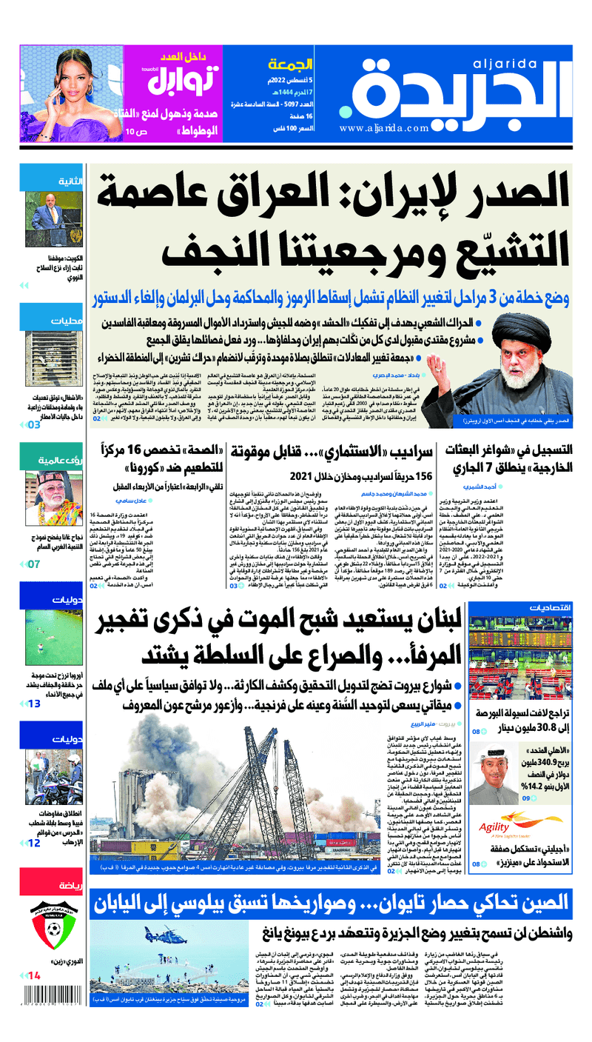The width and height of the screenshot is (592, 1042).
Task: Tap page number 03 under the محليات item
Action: [x=34, y=426]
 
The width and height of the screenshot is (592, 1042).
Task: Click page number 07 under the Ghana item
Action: [x=34, y=564]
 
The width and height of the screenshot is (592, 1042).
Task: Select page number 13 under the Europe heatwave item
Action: [x=34, y=703]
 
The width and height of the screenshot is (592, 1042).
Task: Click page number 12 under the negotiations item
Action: [x=34, y=843]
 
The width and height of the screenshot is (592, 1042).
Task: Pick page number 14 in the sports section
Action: [x=34, y=977]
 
